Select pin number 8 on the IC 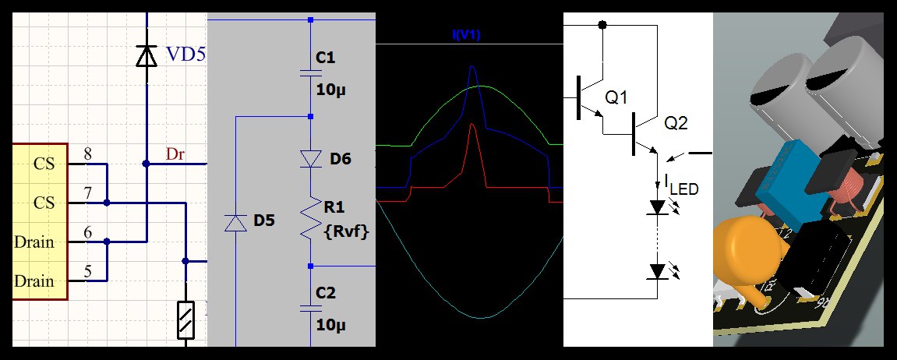point(87,154)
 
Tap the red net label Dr point(175,154)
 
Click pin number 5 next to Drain point(87,272)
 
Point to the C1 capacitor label point(325,58)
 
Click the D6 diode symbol point(311,159)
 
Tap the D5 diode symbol point(235,222)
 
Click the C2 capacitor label point(326,293)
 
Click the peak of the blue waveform point(471,69)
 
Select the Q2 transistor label point(676,123)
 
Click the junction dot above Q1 point(602,25)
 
